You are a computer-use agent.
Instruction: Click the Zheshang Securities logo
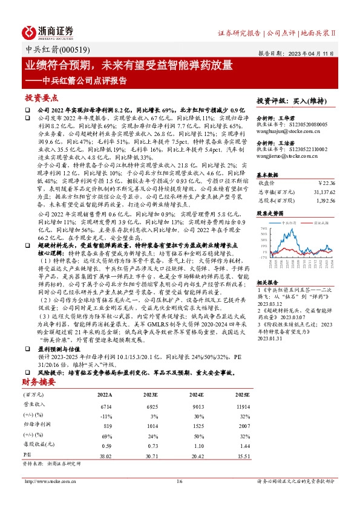pos(48,31)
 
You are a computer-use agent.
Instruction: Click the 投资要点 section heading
pos(41,97)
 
